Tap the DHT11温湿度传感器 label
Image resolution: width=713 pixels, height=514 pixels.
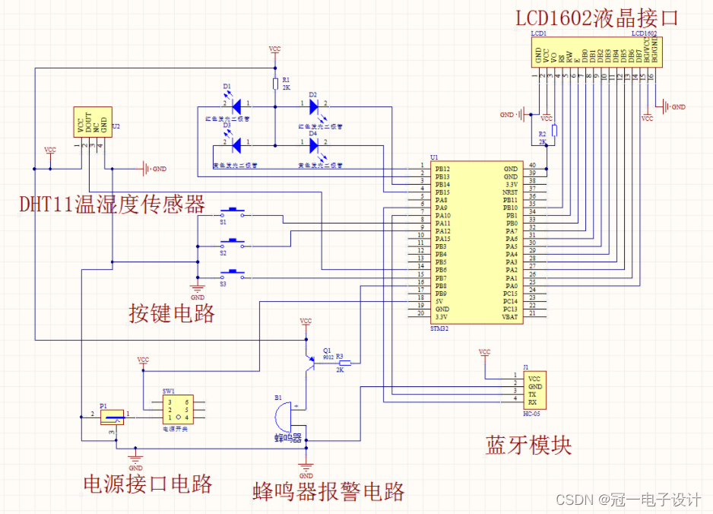(x=112, y=204)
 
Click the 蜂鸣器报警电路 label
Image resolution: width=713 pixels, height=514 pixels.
(x=328, y=491)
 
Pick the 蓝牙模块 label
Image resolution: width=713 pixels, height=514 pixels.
(x=528, y=445)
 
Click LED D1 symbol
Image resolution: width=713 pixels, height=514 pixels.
(x=236, y=104)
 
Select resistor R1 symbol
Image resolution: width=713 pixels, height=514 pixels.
(x=275, y=84)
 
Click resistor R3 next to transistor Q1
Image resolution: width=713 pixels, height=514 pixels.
(x=344, y=363)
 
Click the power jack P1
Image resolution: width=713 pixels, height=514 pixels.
(x=112, y=416)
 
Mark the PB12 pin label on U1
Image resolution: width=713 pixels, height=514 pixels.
(x=442, y=168)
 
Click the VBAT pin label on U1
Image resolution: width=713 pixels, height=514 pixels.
(x=509, y=316)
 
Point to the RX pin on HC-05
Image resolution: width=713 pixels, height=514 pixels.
(x=534, y=401)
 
